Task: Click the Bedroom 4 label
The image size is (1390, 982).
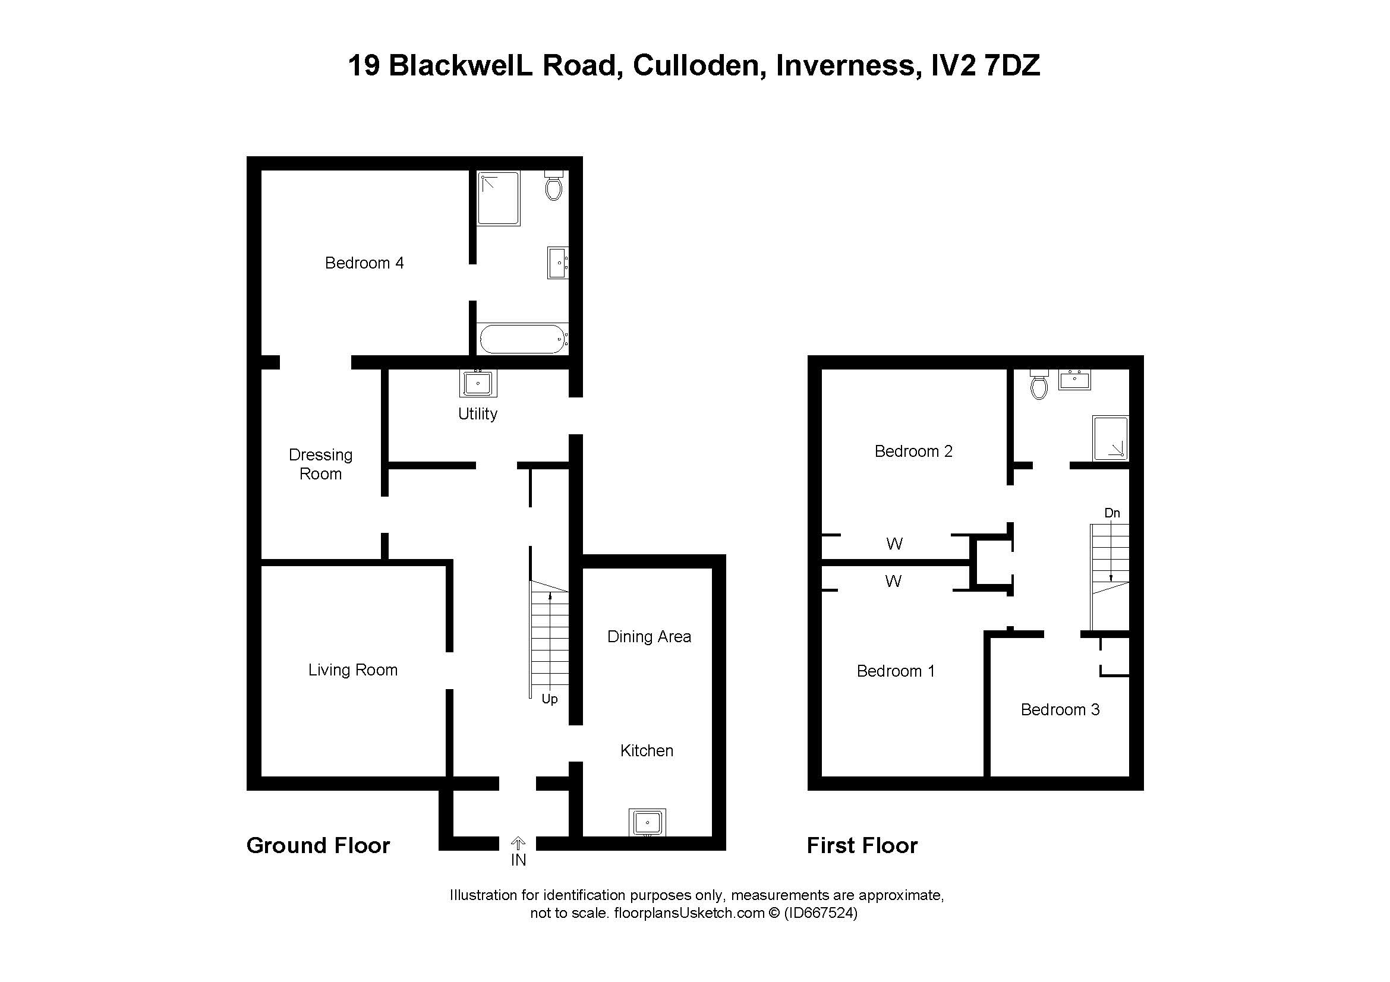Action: [364, 263]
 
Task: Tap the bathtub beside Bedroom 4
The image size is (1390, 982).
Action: [523, 339]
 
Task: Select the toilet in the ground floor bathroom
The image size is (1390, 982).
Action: [553, 186]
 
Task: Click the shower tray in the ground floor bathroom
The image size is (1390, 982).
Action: [498, 198]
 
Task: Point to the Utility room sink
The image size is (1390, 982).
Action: [478, 383]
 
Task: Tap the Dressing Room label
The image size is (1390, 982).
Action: [320, 464]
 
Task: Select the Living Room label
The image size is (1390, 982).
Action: [352, 670]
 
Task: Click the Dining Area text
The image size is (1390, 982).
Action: [649, 636]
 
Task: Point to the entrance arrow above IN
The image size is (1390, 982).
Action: [518, 843]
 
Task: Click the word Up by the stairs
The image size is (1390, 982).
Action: [549, 699]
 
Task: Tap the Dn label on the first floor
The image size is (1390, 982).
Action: [1111, 513]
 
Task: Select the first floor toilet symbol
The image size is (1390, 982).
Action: [1039, 385]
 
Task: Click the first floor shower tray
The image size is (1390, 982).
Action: [1110, 437]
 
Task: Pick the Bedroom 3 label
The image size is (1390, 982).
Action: [1060, 710]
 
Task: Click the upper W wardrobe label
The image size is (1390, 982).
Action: [894, 544]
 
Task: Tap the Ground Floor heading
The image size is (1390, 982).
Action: [318, 845]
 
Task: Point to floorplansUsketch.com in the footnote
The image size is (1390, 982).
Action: [689, 913]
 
